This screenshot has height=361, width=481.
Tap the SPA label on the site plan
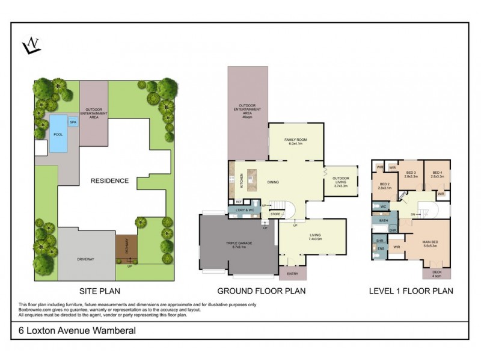pyautogui.click(x=73, y=122)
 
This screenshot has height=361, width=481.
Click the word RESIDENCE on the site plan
pyautogui.click(x=109, y=180)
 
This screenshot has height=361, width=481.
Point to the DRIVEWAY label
pyautogui.click(x=87, y=259)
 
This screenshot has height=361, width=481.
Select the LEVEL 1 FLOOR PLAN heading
pyautogui.click(x=411, y=291)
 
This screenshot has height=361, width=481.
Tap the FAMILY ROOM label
pyautogui.click(x=296, y=141)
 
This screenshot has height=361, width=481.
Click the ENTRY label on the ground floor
pyautogui.click(x=292, y=274)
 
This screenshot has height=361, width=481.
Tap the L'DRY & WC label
pyautogui.click(x=240, y=210)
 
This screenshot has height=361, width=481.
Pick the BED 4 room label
pyautogui.click(x=437, y=174)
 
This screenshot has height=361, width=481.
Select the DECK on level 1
pyautogui.click(x=437, y=273)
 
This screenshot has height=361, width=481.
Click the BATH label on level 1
pyautogui.click(x=383, y=221)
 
